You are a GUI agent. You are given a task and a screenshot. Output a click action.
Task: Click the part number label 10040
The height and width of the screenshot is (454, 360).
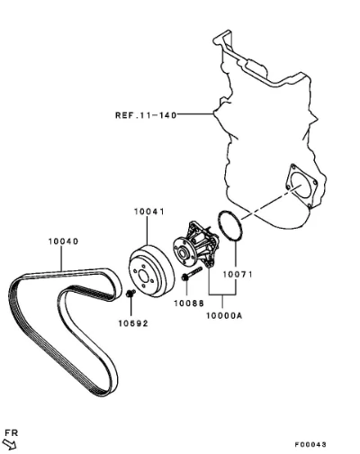(63, 241)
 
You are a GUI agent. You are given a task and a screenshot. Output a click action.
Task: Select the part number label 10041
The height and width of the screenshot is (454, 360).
(149, 212)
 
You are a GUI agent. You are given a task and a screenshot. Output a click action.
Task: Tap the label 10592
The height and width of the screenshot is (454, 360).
(133, 323)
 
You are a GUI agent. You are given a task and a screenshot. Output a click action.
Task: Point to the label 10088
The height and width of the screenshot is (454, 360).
(189, 304)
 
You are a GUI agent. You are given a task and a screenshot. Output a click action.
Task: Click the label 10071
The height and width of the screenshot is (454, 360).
(238, 274)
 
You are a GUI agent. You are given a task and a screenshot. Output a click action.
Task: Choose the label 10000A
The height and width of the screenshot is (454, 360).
(224, 315)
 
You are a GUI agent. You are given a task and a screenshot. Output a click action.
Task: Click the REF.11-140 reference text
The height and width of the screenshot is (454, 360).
(146, 115)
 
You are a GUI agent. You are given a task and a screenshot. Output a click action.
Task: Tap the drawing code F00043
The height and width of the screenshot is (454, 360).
(310, 444)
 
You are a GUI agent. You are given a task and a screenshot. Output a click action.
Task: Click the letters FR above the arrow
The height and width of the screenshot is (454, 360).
(12, 432)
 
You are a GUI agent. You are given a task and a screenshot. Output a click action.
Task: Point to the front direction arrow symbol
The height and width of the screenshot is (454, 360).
(9, 444)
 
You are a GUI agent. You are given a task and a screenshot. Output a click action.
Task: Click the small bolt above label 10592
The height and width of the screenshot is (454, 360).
(130, 294)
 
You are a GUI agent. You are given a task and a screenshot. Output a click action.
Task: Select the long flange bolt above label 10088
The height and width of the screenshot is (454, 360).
(192, 274)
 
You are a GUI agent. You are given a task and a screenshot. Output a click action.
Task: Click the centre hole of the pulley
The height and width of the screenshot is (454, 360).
(143, 277)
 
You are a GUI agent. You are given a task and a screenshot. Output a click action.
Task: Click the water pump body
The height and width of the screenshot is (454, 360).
(196, 246)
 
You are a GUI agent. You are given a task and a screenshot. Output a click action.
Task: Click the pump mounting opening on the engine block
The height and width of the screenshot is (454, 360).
(301, 185)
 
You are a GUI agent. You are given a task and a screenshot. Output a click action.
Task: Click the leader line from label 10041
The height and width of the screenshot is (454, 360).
(147, 231)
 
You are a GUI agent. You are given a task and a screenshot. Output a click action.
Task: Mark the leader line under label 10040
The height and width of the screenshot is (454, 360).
(62, 259)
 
